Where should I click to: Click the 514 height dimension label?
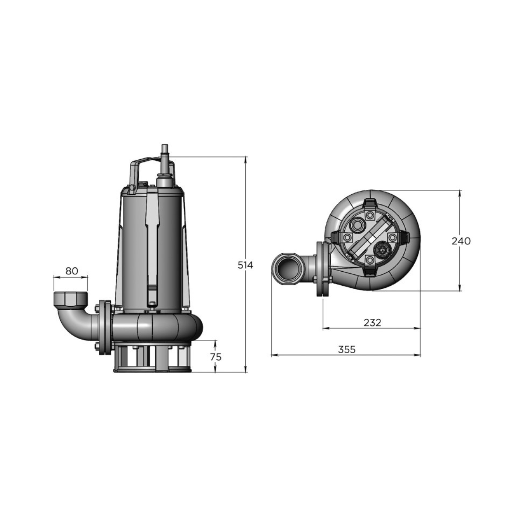[245, 265]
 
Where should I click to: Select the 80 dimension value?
[71, 271]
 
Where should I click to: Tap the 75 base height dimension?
[216, 357]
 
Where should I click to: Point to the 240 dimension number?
[461, 241]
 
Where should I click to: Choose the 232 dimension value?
[372, 322]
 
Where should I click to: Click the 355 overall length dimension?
[346, 349]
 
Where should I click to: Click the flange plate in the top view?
[321, 269]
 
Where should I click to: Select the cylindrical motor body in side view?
[151, 245]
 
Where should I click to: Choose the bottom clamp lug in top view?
[370, 272]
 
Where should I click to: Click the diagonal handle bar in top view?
[367, 238]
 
